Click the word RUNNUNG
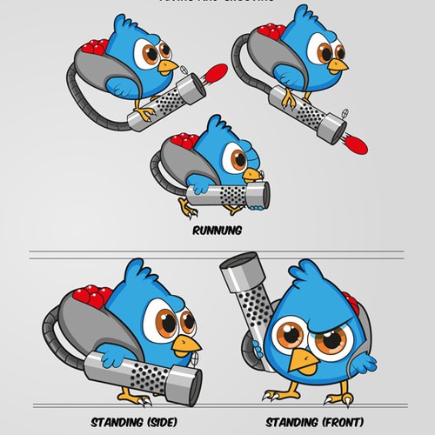215,232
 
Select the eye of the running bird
236,157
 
